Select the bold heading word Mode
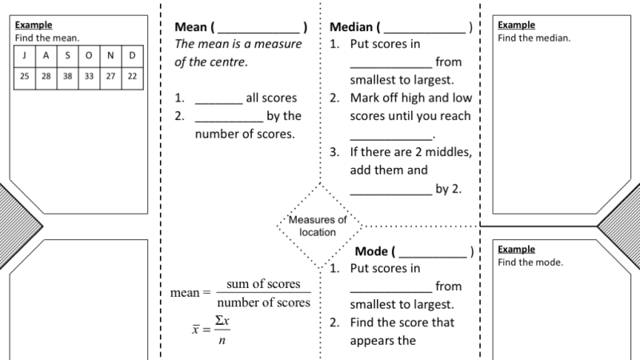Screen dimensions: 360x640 point(371,251)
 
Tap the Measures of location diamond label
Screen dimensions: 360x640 point(318,226)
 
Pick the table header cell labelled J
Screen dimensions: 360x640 point(25,55)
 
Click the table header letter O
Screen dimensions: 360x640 point(89,55)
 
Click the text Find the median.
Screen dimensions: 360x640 point(534,38)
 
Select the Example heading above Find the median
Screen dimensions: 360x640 point(516,26)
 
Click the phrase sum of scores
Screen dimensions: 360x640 point(263,284)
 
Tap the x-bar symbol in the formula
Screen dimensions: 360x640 point(196,330)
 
